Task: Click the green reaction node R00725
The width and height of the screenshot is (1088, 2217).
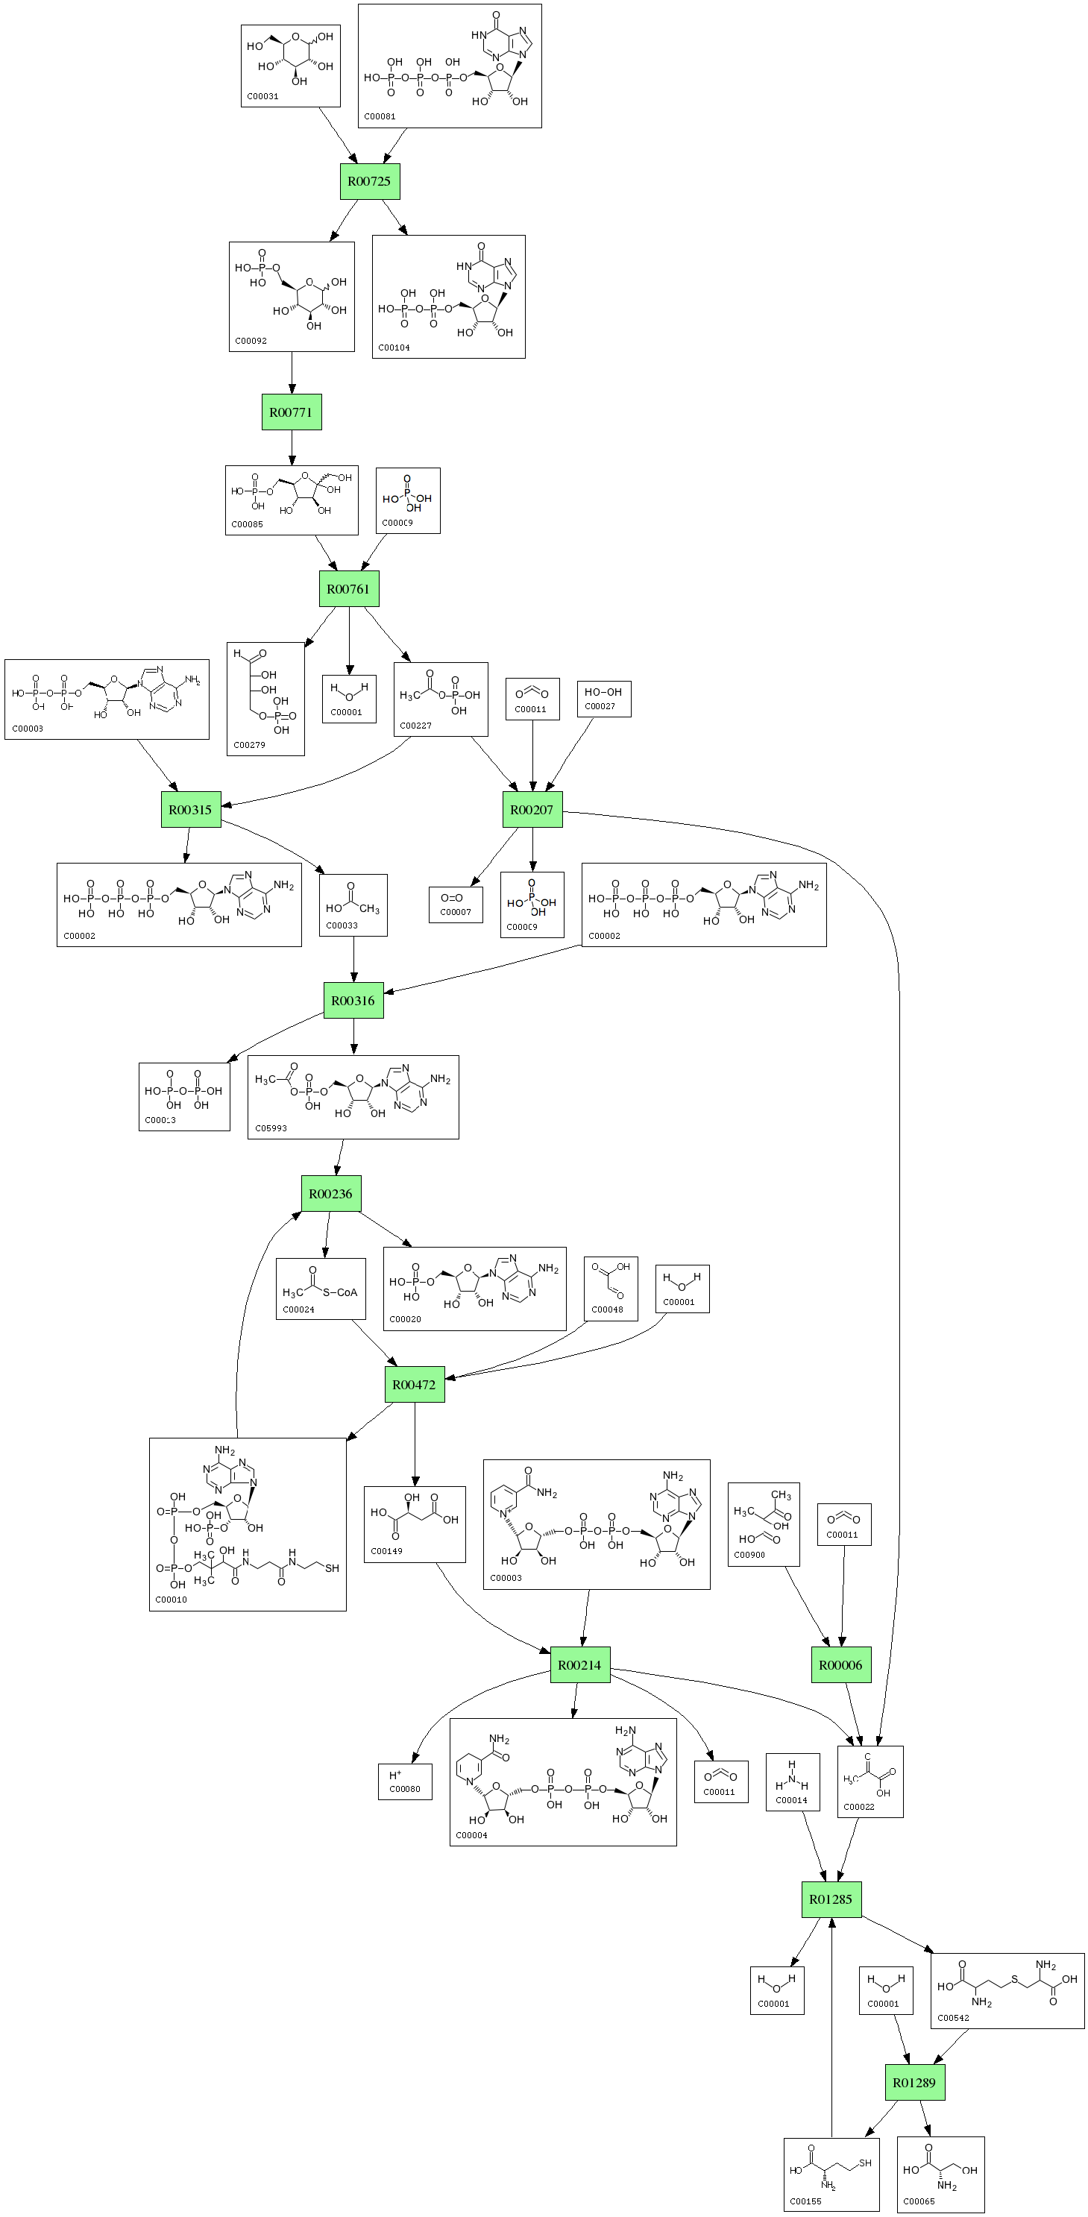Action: tap(369, 182)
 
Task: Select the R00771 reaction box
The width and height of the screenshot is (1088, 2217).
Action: tap(291, 412)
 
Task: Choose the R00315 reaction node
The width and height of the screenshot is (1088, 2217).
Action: tap(190, 810)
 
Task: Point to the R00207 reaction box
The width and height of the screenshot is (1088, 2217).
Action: tap(532, 810)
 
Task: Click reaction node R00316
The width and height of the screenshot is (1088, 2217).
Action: tap(353, 1001)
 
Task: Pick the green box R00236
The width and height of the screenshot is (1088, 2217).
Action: tap(330, 1194)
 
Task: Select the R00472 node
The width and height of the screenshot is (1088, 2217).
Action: tap(414, 1385)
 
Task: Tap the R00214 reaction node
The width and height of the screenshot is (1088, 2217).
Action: tap(579, 1665)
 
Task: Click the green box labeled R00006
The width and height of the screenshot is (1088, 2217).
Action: tap(840, 1665)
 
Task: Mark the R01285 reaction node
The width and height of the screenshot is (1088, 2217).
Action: tap(831, 1899)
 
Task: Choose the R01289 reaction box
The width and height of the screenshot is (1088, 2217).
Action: tap(914, 2083)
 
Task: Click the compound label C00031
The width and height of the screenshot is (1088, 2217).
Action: tap(262, 96)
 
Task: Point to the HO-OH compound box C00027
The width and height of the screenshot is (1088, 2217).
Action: tap(603, 699)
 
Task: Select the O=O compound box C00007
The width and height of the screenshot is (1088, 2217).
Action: tap(456, 905)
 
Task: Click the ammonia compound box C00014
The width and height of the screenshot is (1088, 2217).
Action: tap(792, 1782)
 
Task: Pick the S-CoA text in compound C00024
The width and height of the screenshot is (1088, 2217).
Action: tap(340, 1292)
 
